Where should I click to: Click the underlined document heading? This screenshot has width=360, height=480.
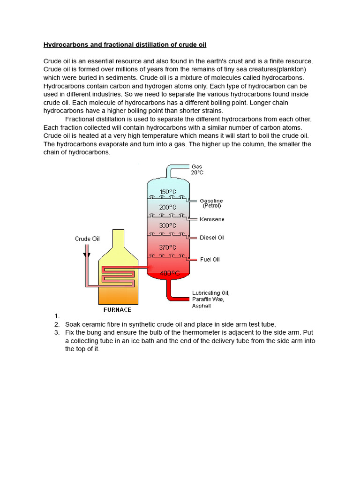point(125,45)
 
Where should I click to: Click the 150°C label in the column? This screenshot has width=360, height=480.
point(167,192)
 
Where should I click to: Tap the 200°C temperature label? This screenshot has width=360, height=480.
point(167,207)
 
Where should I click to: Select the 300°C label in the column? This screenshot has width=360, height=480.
point(167,225)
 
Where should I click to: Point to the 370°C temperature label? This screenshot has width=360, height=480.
point(167,247)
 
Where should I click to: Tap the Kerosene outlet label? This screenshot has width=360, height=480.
point(212,219)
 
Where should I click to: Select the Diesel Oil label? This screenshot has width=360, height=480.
point(212,238)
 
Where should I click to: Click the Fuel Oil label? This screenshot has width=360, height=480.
point(210,259)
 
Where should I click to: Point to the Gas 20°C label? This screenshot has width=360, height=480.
point(197,170)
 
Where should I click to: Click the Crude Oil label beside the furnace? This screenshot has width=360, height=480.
point(87,239)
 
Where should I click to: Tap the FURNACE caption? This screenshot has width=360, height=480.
point(117,310)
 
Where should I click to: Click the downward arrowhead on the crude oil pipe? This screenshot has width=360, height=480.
point(86,255)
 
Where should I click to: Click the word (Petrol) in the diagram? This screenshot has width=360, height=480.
point(211,206)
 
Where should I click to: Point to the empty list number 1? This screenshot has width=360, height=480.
point(56,316)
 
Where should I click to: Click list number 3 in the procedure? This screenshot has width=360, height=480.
point(56,333)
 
